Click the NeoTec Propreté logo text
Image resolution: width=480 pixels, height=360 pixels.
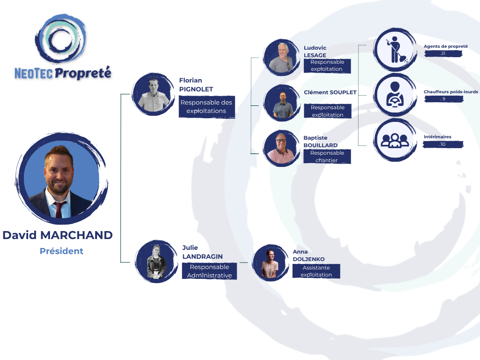coord(63,74)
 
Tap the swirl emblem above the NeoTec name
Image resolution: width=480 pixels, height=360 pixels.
coord(61,38)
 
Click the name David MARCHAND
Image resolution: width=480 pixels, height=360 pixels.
coord(58,235)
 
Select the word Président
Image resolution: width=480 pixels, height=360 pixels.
coord(61,251)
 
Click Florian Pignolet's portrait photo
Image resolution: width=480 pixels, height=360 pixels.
coord(153,94)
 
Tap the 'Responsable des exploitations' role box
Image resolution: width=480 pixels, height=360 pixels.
coord(207,106)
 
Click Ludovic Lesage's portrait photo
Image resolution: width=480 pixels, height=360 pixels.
coord(282,57)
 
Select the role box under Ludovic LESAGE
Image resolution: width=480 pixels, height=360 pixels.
coord(327,66)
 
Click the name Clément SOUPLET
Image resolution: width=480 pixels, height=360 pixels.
coord(330,92)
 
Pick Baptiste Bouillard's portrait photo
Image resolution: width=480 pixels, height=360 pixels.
coord(282,149)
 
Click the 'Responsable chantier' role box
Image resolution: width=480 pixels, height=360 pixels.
coord(327,157)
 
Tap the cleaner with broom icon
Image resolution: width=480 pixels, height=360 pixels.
coord(395,50)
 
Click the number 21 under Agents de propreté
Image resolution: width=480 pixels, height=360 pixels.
coord(443,53)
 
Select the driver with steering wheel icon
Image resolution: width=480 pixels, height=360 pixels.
coord(395,95)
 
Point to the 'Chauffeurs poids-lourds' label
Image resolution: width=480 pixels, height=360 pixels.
coord(450,92)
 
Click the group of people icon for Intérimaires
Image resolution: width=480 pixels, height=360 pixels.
coord(395,140)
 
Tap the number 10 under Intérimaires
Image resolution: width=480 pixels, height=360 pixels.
coord(442,144)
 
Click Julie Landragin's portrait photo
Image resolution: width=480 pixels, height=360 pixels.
coord(157,262)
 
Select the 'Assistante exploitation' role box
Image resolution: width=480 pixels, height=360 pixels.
coord(316,271)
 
